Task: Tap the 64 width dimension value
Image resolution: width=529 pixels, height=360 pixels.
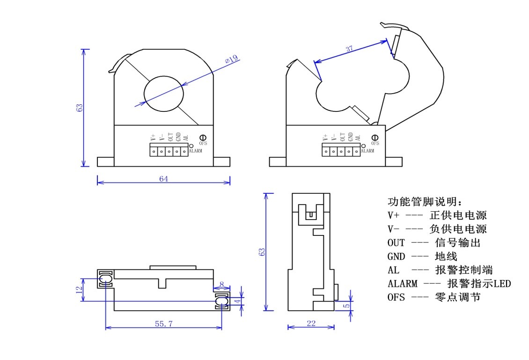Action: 163,178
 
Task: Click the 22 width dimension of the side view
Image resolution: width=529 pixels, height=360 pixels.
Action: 310,323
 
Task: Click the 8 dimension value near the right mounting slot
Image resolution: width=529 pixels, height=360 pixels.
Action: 221,284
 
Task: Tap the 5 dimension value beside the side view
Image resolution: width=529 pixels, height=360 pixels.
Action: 346,306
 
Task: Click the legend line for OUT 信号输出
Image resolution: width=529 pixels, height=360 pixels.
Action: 433,243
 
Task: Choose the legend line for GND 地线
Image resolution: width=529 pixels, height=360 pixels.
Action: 422,257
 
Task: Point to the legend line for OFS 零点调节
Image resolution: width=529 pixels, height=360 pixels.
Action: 433,297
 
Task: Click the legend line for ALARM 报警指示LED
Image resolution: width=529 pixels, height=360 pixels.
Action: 449,284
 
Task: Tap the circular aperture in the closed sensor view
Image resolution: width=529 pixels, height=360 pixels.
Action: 163,93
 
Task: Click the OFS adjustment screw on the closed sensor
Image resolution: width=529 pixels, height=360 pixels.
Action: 203,137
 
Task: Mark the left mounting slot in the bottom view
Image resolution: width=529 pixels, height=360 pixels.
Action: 105,279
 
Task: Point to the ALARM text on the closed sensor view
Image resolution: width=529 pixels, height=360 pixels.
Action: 196,151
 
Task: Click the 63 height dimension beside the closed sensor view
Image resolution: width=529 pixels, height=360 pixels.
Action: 80,108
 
